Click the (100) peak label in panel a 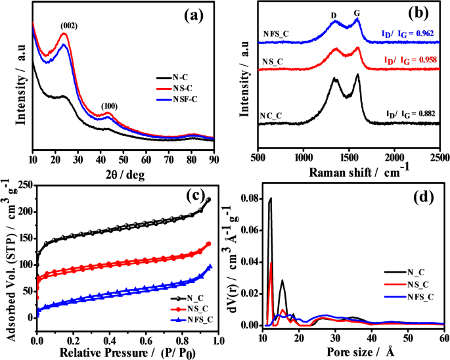coord(109,106)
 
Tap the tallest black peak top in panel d coord(271,198)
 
